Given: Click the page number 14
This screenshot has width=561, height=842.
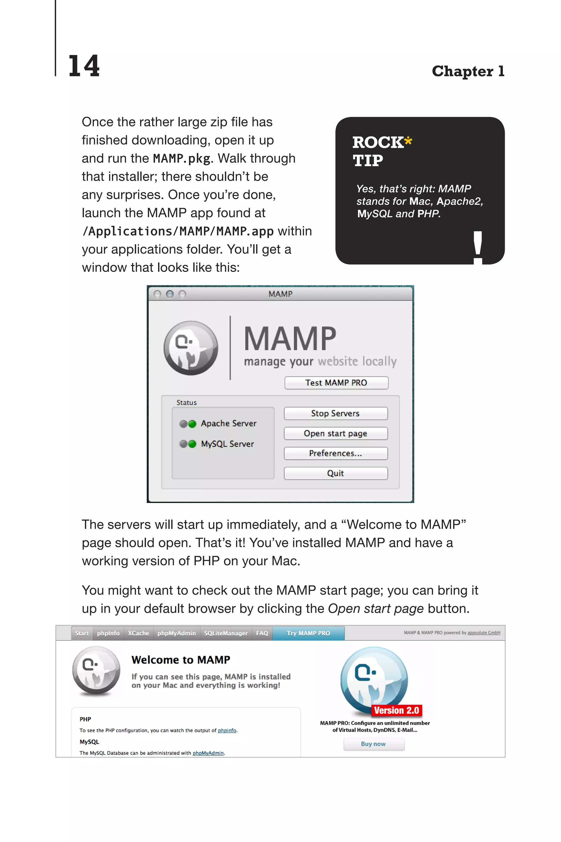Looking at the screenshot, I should pyautogui.click(x=84, y=66).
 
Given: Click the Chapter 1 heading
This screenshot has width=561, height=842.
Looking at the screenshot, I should pyautogui.click(x=468, y=71).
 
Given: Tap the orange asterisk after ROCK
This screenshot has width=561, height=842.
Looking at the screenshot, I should pyautogui.click(x=408, y=141).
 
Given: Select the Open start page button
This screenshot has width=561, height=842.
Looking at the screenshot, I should pyautogui.click(x=335, y=434).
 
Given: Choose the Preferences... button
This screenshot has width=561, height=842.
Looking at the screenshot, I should pyautogui.click(x=335, y=454).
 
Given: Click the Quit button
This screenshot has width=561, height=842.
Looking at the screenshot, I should pyautogui.click(x=335, y=473).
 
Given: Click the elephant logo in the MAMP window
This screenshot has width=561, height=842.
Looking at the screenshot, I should pyautogui.click(x=191, y=348).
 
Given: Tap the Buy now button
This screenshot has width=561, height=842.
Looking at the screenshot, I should pyautogui.click(x=373, y=744).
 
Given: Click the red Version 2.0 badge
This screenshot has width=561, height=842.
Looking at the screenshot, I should pyautogui.click(x=396, y=710).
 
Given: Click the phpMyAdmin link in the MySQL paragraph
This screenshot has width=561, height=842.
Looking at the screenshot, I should pyautogui.click(x=208, y=753).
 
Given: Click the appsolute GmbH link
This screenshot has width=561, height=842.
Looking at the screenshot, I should pyautogui.click(x=484, y=633).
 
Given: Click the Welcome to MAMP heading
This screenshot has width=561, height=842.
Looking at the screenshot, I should pyautogui.click(x=181, y=660).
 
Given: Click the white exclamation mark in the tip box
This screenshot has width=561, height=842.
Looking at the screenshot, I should pyautogui.click(x=478, y=247).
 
